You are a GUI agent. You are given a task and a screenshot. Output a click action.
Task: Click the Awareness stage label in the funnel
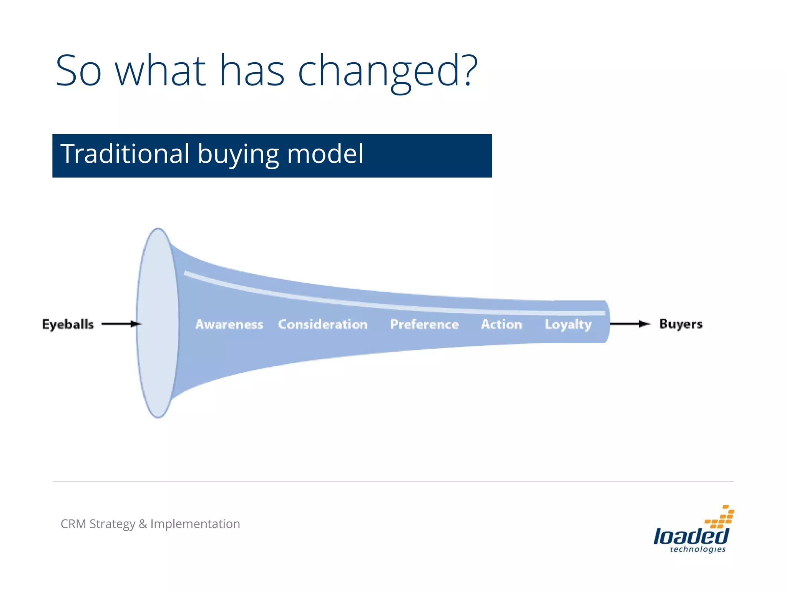(229, 324)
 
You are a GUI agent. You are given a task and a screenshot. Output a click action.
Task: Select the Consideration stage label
(323, 324)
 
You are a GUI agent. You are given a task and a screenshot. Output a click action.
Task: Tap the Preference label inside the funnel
(424, 324)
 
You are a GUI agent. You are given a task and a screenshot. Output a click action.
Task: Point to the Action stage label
(501, 324)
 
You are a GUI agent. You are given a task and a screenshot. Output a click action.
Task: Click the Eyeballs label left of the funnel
(68, 324)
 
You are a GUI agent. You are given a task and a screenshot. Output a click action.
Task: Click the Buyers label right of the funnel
(681, 324)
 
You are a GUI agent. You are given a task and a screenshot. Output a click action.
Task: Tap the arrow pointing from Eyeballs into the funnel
(121, 324)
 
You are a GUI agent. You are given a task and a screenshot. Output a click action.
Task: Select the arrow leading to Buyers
(629, 324)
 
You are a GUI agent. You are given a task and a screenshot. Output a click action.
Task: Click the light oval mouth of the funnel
(158, 323)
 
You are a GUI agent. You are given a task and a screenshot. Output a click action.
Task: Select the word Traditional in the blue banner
(125, 154)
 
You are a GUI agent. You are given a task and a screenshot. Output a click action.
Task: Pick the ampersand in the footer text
(143, 524)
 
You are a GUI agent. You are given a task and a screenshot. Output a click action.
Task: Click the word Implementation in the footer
(195, 524)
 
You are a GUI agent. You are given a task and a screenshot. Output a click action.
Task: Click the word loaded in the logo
(691, 536)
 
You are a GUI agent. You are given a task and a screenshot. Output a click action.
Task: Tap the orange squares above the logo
(720, 518)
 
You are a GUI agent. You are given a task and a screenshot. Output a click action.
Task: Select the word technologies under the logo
(697, 549)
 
